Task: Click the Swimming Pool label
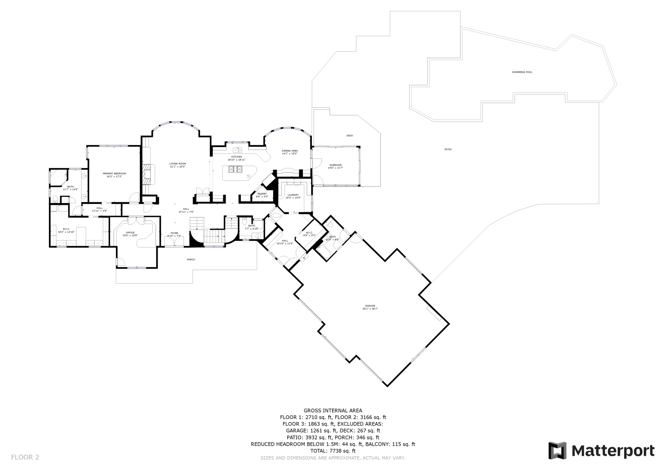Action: coord(522,72)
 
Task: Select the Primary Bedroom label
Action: coord(114,173)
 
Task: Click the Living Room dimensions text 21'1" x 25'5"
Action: coord(177,167)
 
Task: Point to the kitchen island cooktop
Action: coord(235,169)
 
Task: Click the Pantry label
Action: coord(262,194)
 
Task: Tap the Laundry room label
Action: coord(293,195)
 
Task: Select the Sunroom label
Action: coord(335,165)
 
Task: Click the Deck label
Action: coord(350,136)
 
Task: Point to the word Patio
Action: coord(448,149)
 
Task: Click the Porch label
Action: coord(191,260)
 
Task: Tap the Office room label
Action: coord(130,233)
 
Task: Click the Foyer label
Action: coord(174,233)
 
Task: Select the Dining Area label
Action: coord(290,151)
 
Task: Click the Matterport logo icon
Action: coord(557,451)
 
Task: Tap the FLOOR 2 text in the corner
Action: coord(25,457)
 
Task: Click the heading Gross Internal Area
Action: coord(333,410)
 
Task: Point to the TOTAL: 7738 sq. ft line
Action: coord(333,451)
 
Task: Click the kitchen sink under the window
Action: coord(237,150)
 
